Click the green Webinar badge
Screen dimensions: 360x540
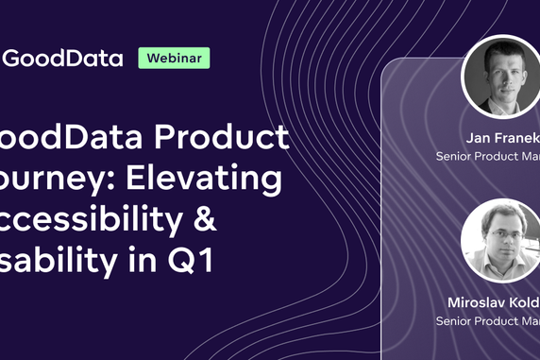[x=175, y=57]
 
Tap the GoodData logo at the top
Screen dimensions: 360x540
[x=62, y=58]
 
